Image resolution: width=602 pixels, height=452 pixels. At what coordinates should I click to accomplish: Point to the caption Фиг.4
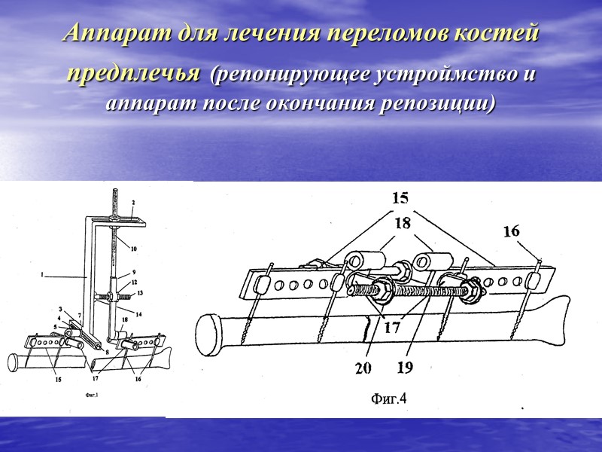click(x=388, y=398)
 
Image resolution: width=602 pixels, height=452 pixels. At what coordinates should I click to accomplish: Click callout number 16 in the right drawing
click(x=511, y=232)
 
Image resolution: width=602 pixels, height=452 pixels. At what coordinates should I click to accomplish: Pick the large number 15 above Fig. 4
click(x=400, y=198)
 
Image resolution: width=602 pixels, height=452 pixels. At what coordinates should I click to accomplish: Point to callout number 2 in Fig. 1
click(x=133, y=203)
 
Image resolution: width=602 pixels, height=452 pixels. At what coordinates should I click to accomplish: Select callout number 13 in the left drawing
click(x=140, y=292)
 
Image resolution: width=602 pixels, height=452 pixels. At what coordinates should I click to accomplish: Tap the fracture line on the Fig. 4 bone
click(x=366, y=329)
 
